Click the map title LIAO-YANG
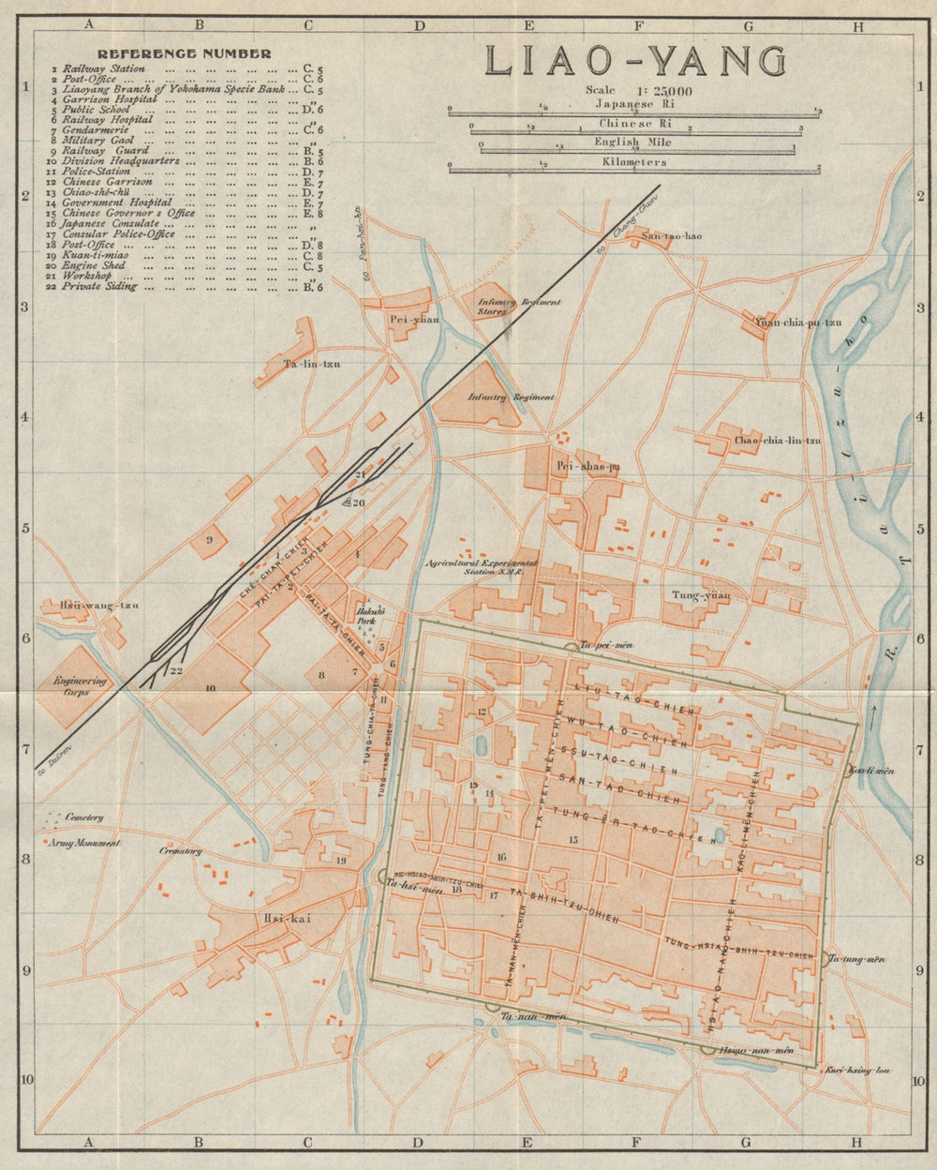pyautogui.click(x=634, y=62)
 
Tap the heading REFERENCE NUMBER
pyautogui.click(x=185, y=53)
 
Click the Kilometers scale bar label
pyautogui.click(x=634, y=162)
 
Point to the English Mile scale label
pyautogui.click(x=634, y=142)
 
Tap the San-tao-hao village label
pyautogui.click(x=671, y=235)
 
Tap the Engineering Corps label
pyautogui.click(x=81, y=687)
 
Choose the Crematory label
pyautogui.click(x=181, y=851)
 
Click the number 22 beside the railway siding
pyautogui.click(x=175, y=670)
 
